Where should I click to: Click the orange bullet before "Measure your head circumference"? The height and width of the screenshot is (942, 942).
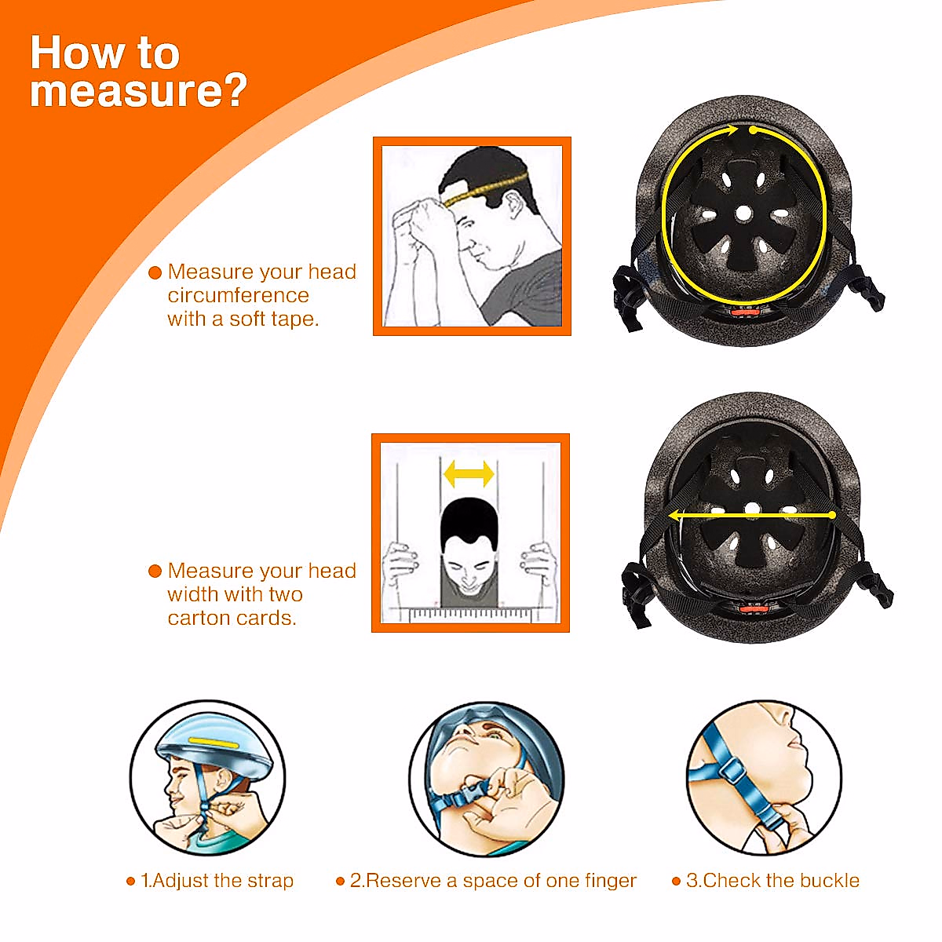[155, 273]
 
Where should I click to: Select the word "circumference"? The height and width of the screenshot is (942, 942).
[238, 296]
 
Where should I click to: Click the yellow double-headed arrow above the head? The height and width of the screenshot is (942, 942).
[469, 473]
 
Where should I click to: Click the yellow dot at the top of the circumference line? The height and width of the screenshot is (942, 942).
[753, 130]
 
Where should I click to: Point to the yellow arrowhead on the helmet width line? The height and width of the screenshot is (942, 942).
[674, 516]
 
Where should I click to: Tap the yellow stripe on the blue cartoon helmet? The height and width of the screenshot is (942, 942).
[214, 741]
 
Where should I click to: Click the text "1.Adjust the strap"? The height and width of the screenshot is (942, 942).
[217, 881]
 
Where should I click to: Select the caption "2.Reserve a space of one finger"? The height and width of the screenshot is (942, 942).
[493, 881]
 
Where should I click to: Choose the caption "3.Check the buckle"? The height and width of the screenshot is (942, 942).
[772, 881]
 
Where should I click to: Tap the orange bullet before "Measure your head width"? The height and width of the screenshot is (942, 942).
[155, 571]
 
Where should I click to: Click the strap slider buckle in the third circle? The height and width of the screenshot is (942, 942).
[732, 770]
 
